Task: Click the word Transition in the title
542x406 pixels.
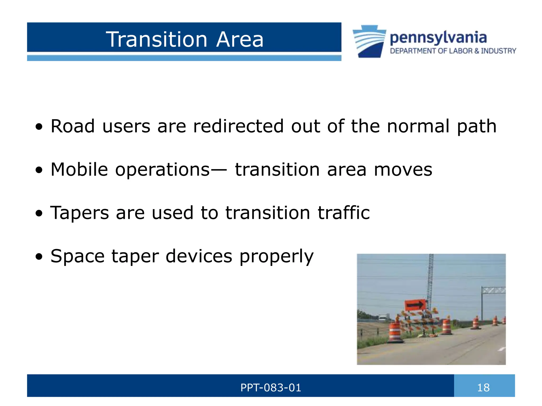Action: pos(156,39)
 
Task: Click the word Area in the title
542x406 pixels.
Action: pos(240,39)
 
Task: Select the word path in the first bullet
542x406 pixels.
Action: pos(476,126)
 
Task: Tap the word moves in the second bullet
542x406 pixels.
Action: pos(403,169)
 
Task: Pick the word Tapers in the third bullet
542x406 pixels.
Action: pos(79,213)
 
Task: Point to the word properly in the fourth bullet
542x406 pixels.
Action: pos(276,256)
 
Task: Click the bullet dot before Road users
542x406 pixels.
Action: pos(39,127)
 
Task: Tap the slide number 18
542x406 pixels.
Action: pos(483,388)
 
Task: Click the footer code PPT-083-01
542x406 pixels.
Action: pos(271,388)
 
